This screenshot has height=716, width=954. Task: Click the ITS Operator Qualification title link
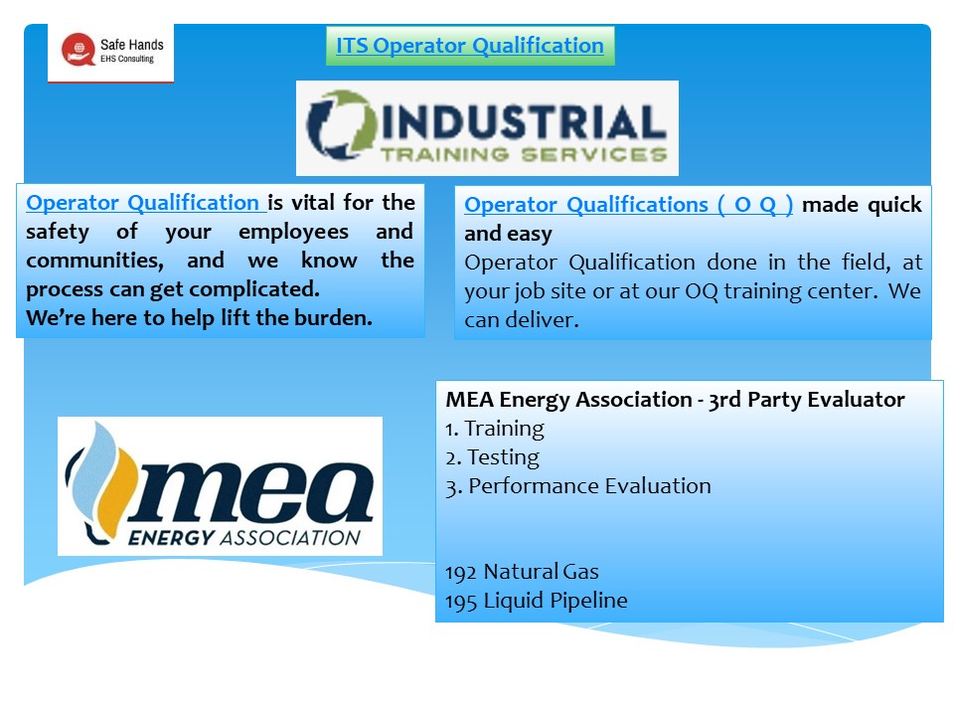click(x=470, y=46)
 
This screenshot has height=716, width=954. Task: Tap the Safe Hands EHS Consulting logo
click(x=111, y=52)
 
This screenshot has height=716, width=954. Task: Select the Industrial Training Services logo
click(x=487, y=128)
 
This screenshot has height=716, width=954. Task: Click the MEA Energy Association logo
click(x=220, y=485)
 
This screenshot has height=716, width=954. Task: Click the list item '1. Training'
click(x=495, y=429)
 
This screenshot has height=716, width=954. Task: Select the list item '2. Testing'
click(x=492, y=457)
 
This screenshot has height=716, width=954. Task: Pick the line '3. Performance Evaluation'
click(x=578, y=486)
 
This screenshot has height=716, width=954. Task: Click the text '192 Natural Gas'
click(x=523, y=572)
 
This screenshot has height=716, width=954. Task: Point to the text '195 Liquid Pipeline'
click(x=537, y=601)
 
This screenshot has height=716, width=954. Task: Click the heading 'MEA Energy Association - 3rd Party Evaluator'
click(x=675, y=400)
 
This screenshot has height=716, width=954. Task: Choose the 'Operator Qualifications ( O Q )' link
click(x=628, y=205)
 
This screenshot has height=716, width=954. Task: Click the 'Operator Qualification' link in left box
click(x=145, y=203)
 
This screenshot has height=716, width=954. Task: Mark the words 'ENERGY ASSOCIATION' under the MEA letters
click(x=244, y=538)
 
